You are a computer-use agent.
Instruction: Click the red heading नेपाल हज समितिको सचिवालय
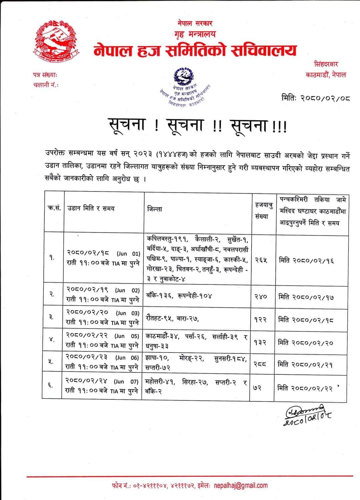195,51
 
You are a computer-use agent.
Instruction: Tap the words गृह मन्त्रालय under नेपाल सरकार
195,34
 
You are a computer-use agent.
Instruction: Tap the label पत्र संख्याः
47,75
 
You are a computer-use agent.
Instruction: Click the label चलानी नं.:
46,85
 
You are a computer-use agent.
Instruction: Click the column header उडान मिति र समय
91,209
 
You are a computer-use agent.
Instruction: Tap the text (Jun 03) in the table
128,313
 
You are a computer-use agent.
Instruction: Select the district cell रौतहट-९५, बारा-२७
172,318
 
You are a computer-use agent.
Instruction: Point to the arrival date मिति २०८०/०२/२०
306,343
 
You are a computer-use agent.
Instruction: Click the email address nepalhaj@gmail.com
240,485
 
